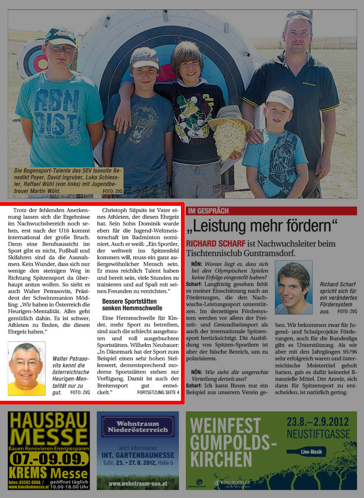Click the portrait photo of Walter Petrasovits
point(26,368)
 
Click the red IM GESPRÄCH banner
point(271,211)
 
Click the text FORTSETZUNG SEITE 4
point(158,393)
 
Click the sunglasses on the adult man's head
point(298,15)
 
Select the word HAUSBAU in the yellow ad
point(49,420)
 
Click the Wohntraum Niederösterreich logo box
point(138,427)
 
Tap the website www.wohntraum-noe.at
point(138,484)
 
